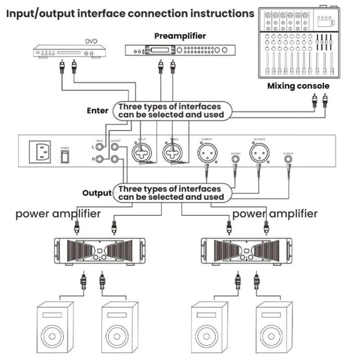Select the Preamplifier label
(180, 36)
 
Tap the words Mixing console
(298, 86)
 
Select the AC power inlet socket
(41, 153)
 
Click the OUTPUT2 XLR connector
(259, 154)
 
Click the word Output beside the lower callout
(97, 193)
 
